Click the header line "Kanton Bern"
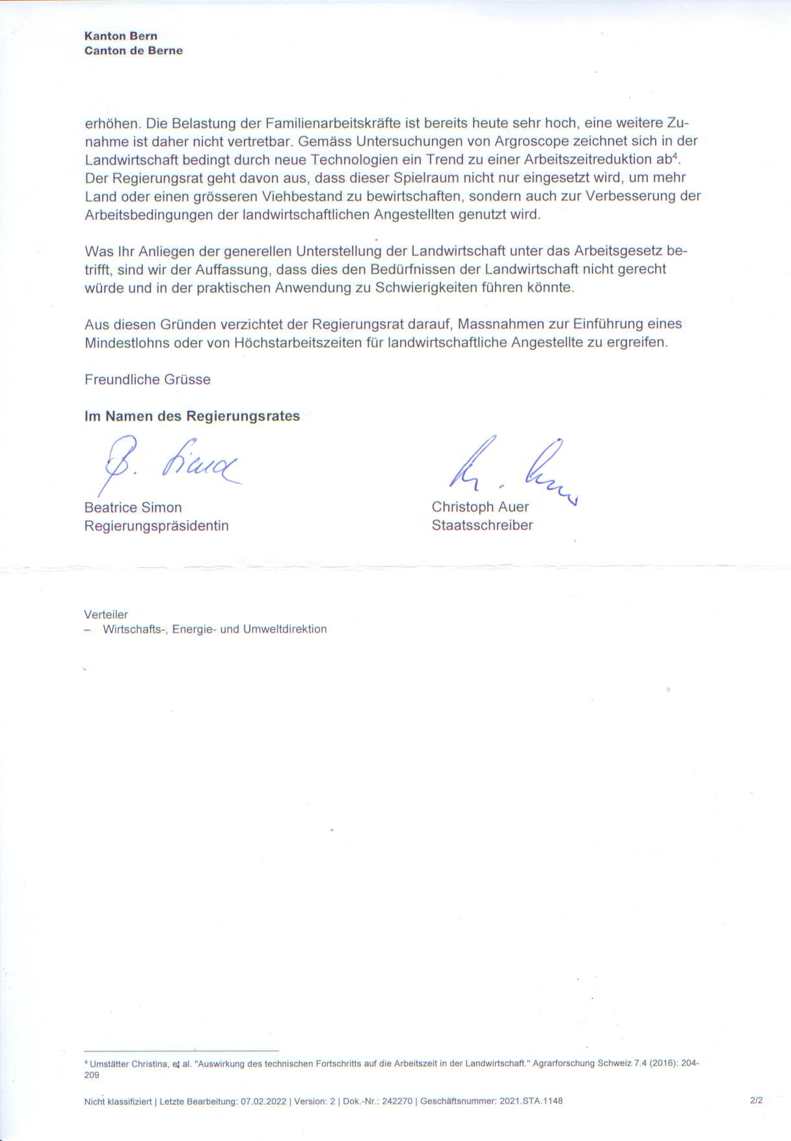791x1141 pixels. tap(121, 36)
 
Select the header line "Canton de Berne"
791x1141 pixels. tap(133, 51)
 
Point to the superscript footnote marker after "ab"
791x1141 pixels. tap(676, 155)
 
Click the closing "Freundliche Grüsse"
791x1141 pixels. tap(148, 380)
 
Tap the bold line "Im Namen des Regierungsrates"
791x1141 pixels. tap(192, 416)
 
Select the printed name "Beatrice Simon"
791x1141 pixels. tap(133, 508)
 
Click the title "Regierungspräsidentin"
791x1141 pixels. tap(157, 526)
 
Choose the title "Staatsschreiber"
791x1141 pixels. tap(482, 525)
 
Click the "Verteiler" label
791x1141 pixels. tap(106, 614)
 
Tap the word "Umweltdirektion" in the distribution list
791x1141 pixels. tap(285, 629)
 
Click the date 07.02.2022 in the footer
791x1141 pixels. tap(263, 1101)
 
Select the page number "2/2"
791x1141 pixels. tap(756, 1101)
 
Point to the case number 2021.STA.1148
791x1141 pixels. tap(531, 1101)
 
